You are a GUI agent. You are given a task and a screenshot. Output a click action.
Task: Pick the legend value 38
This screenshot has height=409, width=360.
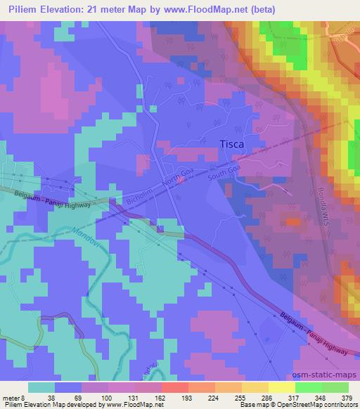[51, 397]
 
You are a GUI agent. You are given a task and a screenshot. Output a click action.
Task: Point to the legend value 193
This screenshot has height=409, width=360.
[167, 397]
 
